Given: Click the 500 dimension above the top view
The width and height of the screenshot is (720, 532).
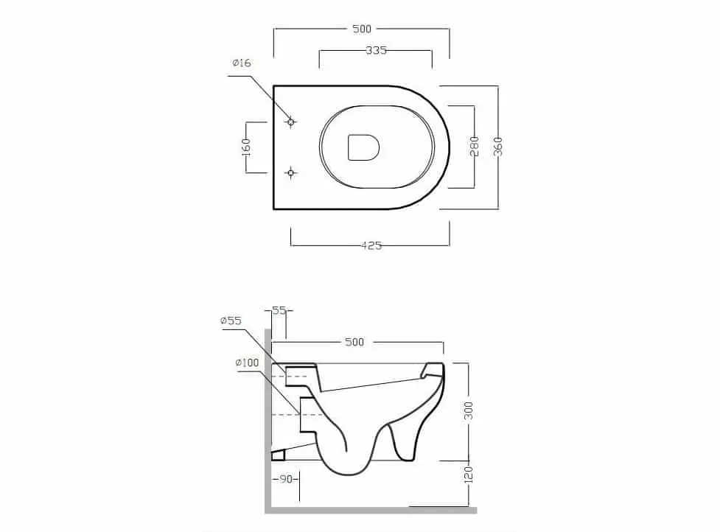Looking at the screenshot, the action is (x=362, y=29).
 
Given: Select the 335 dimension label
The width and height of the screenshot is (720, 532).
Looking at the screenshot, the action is (x=376, y=51).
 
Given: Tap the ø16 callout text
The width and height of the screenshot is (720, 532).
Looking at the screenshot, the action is (x=242, y=63).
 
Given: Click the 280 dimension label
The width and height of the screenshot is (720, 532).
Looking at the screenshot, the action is (x=475, y=146).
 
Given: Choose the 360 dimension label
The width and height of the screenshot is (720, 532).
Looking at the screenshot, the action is (x=498, y=147).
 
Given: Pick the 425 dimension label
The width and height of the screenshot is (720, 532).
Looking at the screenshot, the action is (x=371, y=245).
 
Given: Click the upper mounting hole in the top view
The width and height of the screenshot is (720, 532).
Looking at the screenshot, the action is (x=290, y=122).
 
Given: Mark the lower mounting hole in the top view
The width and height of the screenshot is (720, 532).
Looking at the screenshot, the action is (x=290, y=172).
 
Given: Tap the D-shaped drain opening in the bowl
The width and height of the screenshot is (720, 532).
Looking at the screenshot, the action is (x=363, y=147).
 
